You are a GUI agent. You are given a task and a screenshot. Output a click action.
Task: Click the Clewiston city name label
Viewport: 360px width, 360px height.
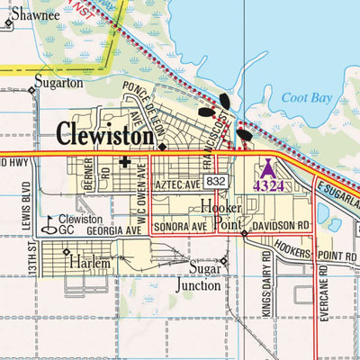click(x=106, y=134)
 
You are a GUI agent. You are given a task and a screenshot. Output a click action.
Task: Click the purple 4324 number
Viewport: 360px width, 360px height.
click(x=268, y=185)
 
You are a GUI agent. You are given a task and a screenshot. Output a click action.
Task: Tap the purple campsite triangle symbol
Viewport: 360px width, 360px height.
click(x=267, y=167)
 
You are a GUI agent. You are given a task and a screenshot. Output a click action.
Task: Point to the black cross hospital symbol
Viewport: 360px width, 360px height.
click(x=124, y=164)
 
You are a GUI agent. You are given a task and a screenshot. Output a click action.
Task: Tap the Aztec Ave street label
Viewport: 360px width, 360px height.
click(x=175, y=184)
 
